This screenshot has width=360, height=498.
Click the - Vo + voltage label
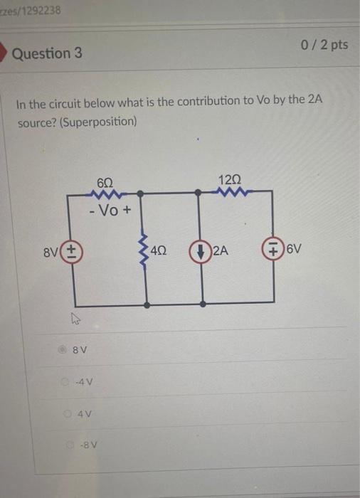[x=105, y=211]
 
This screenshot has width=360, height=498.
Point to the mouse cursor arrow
[x=73, y=322]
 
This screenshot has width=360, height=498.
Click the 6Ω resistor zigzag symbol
[x=105, y=193]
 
